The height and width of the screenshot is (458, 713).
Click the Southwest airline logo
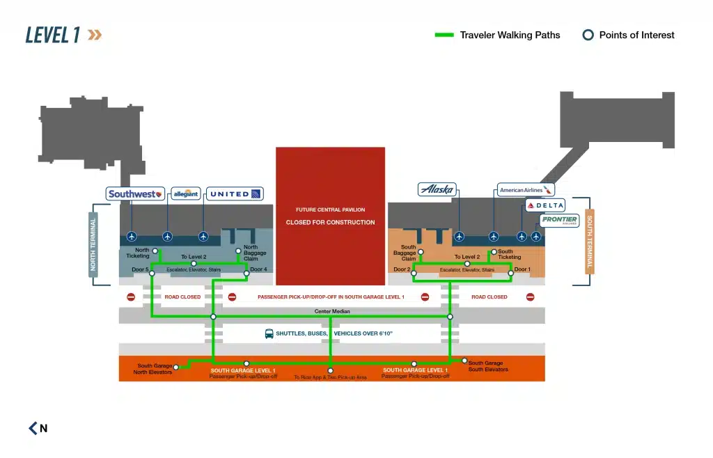coord(136,194)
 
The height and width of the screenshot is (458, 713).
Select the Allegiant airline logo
coord(186,194)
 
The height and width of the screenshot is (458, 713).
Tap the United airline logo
coord(235,194)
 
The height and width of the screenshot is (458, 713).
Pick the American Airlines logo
coord(526,189)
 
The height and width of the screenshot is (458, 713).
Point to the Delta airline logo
coord(544,205)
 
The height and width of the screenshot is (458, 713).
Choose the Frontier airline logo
coord(559,221)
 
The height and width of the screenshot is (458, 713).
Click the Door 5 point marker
coord(152,274)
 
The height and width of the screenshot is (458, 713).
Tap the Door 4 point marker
coord(246,274)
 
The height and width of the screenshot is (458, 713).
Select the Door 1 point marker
coord(510,274)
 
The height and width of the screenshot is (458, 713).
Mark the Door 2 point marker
coord(414,274)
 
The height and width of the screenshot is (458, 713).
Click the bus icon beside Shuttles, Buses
coord(269,334)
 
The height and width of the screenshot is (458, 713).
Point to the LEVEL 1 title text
coord(52,35)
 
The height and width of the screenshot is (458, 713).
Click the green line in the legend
coord(444,35)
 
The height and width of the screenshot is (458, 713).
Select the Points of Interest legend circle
coord(588,35)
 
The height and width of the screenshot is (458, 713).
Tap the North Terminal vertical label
coord(93,245)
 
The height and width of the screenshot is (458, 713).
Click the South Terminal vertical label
coord(590,242)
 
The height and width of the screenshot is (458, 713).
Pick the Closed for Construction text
coord(330,223)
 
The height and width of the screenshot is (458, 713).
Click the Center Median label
coord(331,311)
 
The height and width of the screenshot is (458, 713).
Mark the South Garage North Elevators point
coord(176,367)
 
